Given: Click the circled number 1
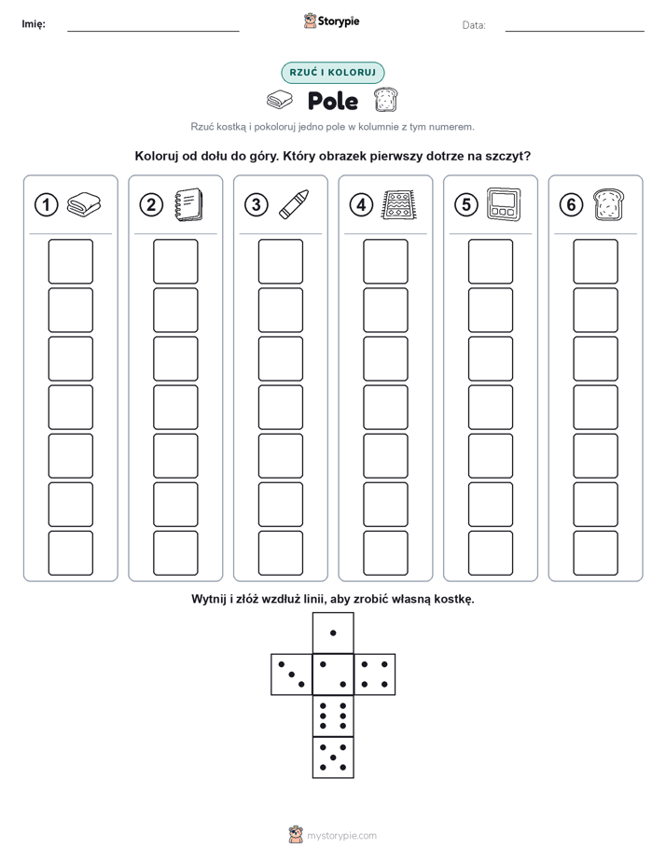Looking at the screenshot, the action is pos(46,205).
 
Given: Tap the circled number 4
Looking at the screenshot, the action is pos(361,205).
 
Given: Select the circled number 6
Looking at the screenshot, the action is pos(571,205).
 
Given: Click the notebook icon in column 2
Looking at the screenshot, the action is pos(188,204).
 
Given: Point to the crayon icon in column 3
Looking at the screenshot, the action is pos(294,204).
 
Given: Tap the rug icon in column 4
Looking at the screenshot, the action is pos(398,204).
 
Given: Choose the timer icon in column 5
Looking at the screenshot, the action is pos(504,204).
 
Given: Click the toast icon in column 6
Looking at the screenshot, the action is pos(609,204).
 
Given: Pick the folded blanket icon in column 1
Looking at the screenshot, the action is pos(84,204).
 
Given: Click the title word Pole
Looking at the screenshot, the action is pos(333,101).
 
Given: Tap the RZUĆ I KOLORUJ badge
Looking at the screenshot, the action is pos(333,73).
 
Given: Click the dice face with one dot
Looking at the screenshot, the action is pos(333,633).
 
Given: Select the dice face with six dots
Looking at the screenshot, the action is pos(333,716).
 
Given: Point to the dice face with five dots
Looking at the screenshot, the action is pos(333,757).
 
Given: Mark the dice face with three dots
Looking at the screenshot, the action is pos(292,674).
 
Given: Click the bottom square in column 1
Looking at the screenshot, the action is pos(70,553).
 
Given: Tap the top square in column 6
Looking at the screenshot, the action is pos(596,261).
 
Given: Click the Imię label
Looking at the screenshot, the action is pos(34,24).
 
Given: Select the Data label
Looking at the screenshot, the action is pos(474,25).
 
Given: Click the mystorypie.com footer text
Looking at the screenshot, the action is pos(341,836).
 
